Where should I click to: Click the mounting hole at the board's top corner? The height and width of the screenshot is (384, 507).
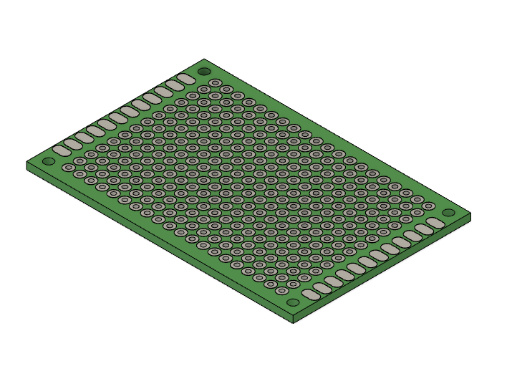click(204, 72)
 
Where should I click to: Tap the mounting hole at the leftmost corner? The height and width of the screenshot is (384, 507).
click(49, 161)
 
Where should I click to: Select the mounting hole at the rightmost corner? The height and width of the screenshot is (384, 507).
click(448, 213)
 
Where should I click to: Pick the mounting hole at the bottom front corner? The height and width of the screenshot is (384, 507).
click(293, 302)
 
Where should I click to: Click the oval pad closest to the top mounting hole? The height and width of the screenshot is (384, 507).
click(185, 78)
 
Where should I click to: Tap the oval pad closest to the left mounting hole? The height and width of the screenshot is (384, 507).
click(61, 150)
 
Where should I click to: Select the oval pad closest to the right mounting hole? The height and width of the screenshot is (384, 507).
click(435, 224)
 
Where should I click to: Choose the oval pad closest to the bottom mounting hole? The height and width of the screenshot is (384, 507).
click(310, 294)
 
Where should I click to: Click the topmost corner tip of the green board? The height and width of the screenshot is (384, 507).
click(204, 59)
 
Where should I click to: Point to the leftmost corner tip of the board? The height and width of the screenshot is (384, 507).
click(27, 163)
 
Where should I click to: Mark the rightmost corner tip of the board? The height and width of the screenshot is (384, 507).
click(471, 213)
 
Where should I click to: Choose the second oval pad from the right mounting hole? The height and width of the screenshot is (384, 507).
click(423, 230)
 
